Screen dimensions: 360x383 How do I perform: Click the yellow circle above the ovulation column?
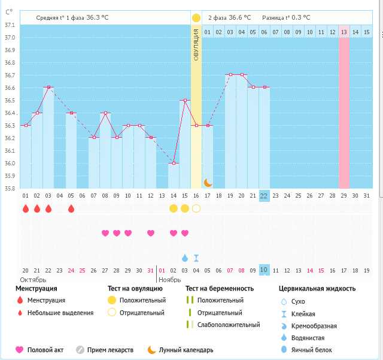pos(196,18)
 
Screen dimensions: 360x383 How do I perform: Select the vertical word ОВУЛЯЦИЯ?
pos(196,47)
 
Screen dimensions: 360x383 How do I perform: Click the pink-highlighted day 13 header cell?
pos(344,32)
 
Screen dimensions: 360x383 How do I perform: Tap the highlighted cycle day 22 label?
pos(264,195)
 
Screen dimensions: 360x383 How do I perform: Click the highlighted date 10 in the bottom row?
pos(264,270)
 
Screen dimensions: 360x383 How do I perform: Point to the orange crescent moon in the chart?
pos(208,183)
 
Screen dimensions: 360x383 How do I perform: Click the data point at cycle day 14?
pos(174,163)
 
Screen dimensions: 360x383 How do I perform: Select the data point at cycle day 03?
pos(48,87)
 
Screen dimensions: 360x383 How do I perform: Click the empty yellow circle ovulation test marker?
pos(196,208)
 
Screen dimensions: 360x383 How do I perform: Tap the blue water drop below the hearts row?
pos(185,258)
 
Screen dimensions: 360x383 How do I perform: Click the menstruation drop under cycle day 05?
pos(71,208)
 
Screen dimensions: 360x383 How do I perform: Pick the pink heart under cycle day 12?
pos(151,233)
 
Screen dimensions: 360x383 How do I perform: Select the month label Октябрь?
pos(33,279)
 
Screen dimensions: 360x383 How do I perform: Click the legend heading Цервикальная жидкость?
pos(317,289)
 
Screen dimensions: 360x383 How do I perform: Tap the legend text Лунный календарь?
pos(186,350)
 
